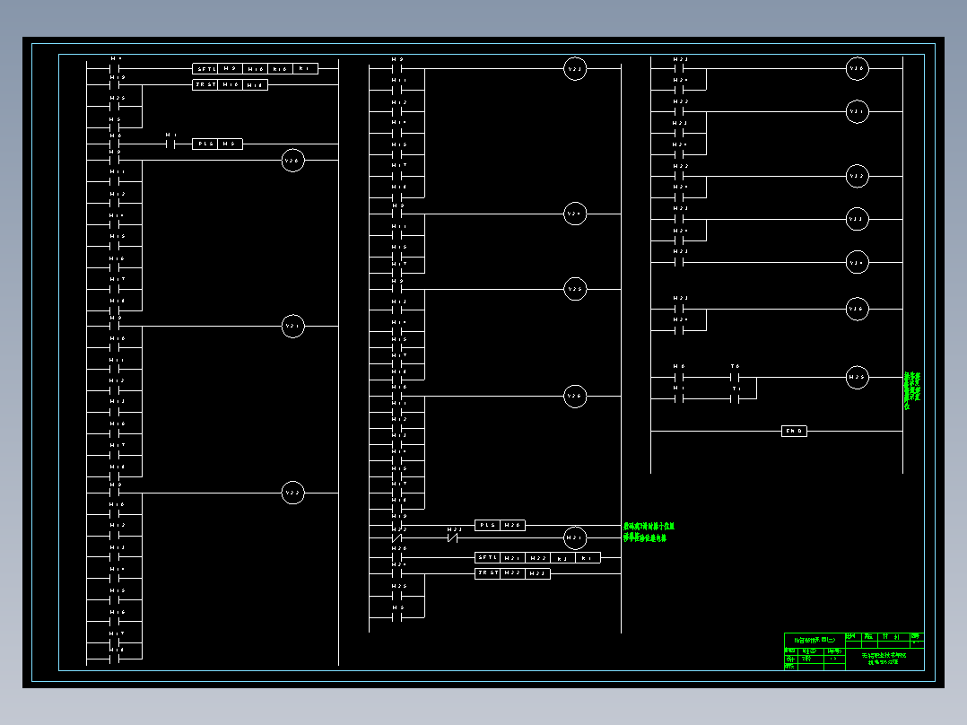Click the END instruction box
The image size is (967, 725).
[795, 432]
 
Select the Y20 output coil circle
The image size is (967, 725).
[293, 161]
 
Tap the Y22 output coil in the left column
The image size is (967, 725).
[293, 493]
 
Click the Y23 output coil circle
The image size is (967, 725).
[575, 69]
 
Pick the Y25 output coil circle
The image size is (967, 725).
[575, 290]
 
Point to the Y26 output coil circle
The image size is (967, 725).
[575, 397]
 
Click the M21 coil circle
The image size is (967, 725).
[575, 538]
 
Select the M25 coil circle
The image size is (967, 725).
[858, 378]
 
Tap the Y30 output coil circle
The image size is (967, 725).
[858, 68]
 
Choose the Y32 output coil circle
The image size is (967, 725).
[858, 177]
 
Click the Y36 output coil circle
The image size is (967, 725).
[858, 310]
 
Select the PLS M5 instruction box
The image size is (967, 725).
[217, 144]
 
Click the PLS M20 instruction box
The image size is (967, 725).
[500, 526]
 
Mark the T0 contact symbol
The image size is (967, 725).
[736, 378]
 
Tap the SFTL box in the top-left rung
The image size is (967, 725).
[255, 68]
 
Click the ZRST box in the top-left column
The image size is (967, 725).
[230, 84]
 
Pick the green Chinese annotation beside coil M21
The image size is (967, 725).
[649, 532]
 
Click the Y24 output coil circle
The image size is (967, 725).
[575, 214]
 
